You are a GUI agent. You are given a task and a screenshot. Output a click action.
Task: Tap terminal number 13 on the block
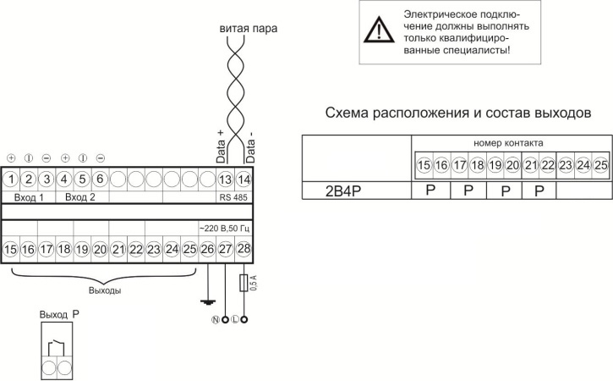tap(226, 179)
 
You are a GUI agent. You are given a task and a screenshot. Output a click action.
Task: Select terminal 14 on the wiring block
tap(244, 179)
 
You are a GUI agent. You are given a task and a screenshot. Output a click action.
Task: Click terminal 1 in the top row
tap(11, 179)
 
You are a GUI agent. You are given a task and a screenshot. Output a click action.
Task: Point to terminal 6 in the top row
tap(100, 179)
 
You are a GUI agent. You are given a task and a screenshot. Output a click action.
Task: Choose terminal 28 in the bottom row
tap(244, 249)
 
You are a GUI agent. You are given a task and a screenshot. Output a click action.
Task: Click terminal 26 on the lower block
tap(208, 249)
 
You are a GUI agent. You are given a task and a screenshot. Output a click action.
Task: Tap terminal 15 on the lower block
tap(11, 249)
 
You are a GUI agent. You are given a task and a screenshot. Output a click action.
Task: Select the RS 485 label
tap(233, 196)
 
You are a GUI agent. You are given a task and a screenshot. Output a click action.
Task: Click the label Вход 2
tap(81, 196)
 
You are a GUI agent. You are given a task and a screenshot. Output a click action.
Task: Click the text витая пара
tap(249, 28)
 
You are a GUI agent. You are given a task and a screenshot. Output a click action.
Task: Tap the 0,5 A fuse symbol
tap(244, 282)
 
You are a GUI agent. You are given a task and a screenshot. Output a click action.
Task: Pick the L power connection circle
tap(244, 320)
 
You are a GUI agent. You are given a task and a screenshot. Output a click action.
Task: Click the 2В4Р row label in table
tap(320, 190)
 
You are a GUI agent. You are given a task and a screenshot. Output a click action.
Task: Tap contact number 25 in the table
tap(599, 164)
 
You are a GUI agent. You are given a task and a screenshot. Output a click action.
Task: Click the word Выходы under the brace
tap(105, 290)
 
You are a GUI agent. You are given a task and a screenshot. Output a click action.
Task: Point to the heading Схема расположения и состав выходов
tap(457, 113)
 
